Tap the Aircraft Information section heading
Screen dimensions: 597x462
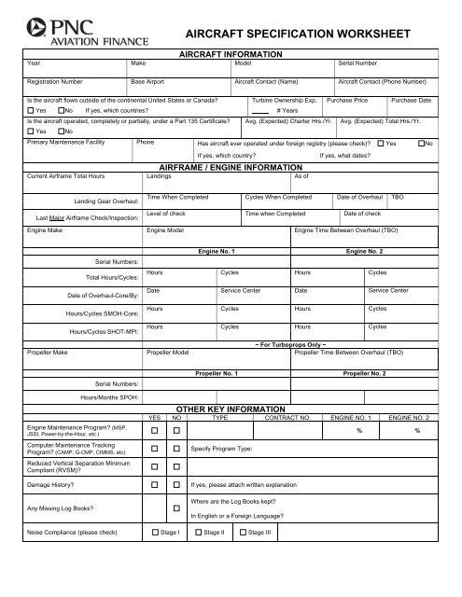(231, 55)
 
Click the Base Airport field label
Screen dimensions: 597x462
(147, 81)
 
